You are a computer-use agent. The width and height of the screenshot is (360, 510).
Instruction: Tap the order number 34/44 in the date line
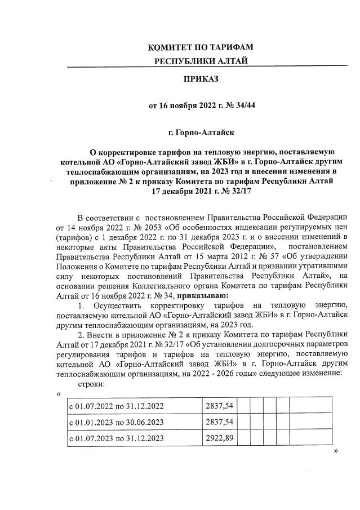point(244,105)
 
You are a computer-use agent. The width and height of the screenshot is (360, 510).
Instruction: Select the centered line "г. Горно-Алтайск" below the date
point(201,132)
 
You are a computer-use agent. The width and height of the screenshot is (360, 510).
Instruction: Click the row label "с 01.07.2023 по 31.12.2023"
point(117,438)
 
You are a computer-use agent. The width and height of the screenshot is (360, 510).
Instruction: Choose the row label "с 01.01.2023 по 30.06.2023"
point(117,422)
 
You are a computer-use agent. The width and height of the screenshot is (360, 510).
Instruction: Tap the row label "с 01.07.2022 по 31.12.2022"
point(117,405)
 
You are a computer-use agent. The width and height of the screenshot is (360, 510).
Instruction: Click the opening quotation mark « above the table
point(59,393)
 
